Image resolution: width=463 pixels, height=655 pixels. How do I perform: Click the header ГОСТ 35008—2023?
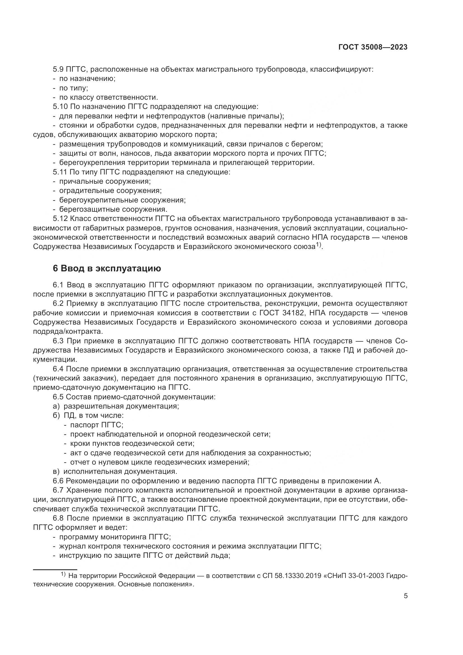point(373,47)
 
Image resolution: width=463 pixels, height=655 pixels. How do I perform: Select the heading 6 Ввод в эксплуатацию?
point(107,269)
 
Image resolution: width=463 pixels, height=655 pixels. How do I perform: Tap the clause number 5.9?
point(58,69)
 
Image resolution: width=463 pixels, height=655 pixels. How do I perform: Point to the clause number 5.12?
point(60,219)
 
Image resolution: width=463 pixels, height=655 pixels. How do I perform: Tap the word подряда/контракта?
point(68,332)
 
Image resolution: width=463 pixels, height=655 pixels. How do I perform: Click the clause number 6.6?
point(58,481)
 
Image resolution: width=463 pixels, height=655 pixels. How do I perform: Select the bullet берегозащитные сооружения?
point(113,209)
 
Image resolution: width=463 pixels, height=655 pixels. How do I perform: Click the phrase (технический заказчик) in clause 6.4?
point(73,378)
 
